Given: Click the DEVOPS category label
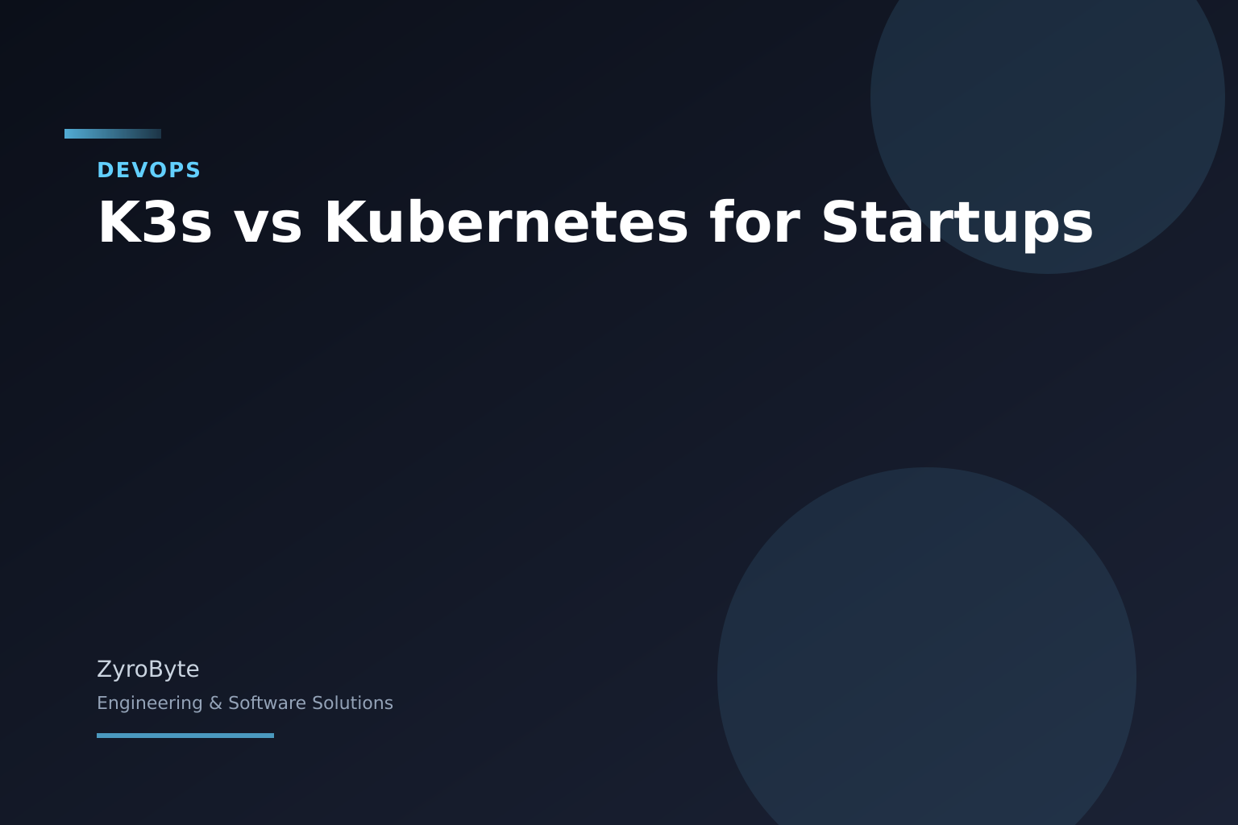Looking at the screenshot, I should [148, 170].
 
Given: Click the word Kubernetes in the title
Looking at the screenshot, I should [506, 223].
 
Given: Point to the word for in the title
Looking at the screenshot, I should [754, 223].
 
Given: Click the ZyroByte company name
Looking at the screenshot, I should [147, 670].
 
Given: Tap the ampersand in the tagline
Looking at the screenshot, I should [215, 703].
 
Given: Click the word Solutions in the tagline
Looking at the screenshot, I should [351, 703].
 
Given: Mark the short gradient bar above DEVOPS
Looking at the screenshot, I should [113, 134].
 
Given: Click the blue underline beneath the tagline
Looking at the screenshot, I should [185, 736].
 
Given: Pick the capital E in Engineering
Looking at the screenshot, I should [102, 703].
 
